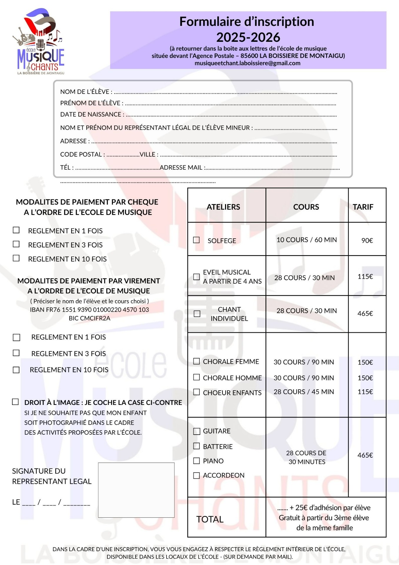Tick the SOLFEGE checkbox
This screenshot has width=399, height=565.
click(x=196, y=240)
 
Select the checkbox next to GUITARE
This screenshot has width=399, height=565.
click(x=196, y=431)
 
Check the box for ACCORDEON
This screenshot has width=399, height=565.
click(x=196, y=476)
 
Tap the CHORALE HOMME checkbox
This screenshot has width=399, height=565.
click(x=196, y=377)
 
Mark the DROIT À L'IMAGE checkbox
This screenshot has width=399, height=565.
click(x=15, y=402)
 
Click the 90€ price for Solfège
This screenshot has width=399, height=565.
click(x=367, y=241)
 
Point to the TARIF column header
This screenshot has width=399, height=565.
click(x=363, y=207)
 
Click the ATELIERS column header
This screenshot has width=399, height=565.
click(x=223, y=207)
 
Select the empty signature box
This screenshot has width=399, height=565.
click(x=136, y=490)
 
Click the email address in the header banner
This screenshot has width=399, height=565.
click(x=247, y=63)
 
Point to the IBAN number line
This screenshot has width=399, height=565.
click(x=89, y=310)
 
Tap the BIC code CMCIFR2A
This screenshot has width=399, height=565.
click(x=89, y=318)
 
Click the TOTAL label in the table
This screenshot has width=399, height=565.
click(x=210, y=519)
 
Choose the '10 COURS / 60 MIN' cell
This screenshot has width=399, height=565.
click(x=306, y=240)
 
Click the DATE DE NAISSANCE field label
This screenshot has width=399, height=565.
click(x=92, y=114)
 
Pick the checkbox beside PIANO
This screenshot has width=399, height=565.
click(x=196, y=461)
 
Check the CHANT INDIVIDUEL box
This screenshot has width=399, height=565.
click(x=197, y=314)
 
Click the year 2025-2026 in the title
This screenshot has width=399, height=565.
click(x=248, y=37)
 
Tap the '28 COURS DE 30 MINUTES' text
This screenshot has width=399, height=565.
click(x=306, y=457)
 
